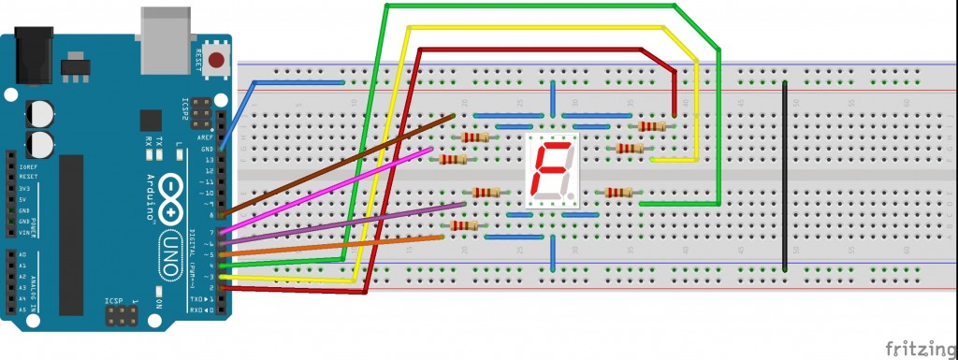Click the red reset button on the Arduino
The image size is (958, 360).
pyautogui.click(x=218, y=63)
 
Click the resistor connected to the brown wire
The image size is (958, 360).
pyautogui.click(x=475, y=137)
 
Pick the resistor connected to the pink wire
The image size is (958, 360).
pyautogui.click(x=453, y=159)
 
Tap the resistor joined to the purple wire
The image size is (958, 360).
pyautogui.click(x=486, y=193)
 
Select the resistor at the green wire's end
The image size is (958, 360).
pyautogui.click(x=617, y=193)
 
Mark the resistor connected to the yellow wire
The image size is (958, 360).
pyautogui.click(x=630, y=148)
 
